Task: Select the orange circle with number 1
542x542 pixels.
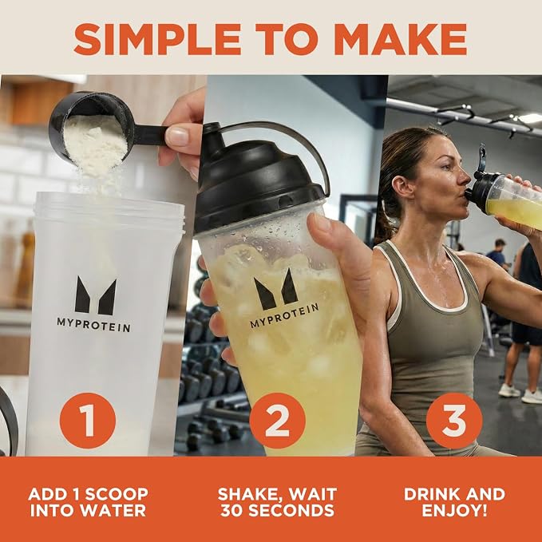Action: (x=88, y=421)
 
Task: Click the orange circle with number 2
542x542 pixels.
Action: (x=277, y=421)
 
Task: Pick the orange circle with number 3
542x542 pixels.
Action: (x=454, y=421)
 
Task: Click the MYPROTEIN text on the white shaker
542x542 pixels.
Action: (x=93, y=325)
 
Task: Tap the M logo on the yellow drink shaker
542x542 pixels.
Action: (x=276, y=290)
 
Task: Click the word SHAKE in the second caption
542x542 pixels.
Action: (x=247, y=494)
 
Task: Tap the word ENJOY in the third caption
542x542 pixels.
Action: (x=451, y=511)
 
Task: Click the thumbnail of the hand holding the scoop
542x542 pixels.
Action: (x=179, y=136)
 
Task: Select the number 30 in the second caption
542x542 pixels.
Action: (x=232, y=511)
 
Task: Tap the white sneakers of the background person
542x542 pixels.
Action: (x=520, y=394)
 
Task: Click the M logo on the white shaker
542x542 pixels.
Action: (x=96, y=296)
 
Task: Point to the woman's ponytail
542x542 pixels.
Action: (x=383, y=221)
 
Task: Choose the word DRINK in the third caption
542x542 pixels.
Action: (x=434, y=494)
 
